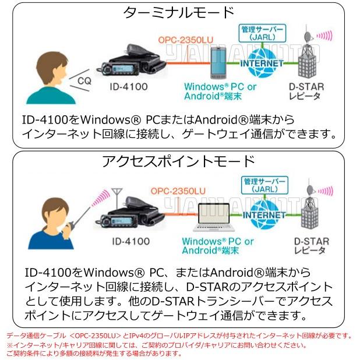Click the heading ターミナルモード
click(x=179, y=12)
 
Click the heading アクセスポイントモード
click(x=178, y=161)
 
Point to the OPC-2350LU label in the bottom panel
click(x=178, y=191)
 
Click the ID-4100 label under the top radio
click(x=129, y=87)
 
